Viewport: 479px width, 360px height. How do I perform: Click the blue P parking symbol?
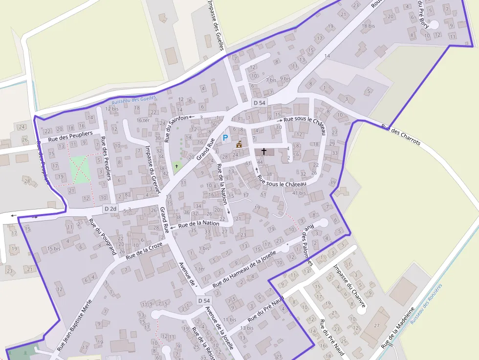coord(225,138)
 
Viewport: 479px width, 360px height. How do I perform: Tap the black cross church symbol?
coord(264,151)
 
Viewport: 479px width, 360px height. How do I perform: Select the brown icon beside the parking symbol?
coord(239,144)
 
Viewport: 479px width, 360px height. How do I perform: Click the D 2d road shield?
coord(110,209)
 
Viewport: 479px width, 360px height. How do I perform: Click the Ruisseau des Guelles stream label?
coord(134,100)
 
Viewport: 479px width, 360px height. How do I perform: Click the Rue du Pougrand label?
coord(102,236)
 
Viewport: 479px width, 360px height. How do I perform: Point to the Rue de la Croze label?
coord(144,250)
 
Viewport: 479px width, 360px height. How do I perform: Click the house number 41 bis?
coord(298,193)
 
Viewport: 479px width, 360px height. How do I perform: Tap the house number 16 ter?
coord(144,120)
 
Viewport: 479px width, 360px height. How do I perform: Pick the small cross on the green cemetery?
coord(177,166)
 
